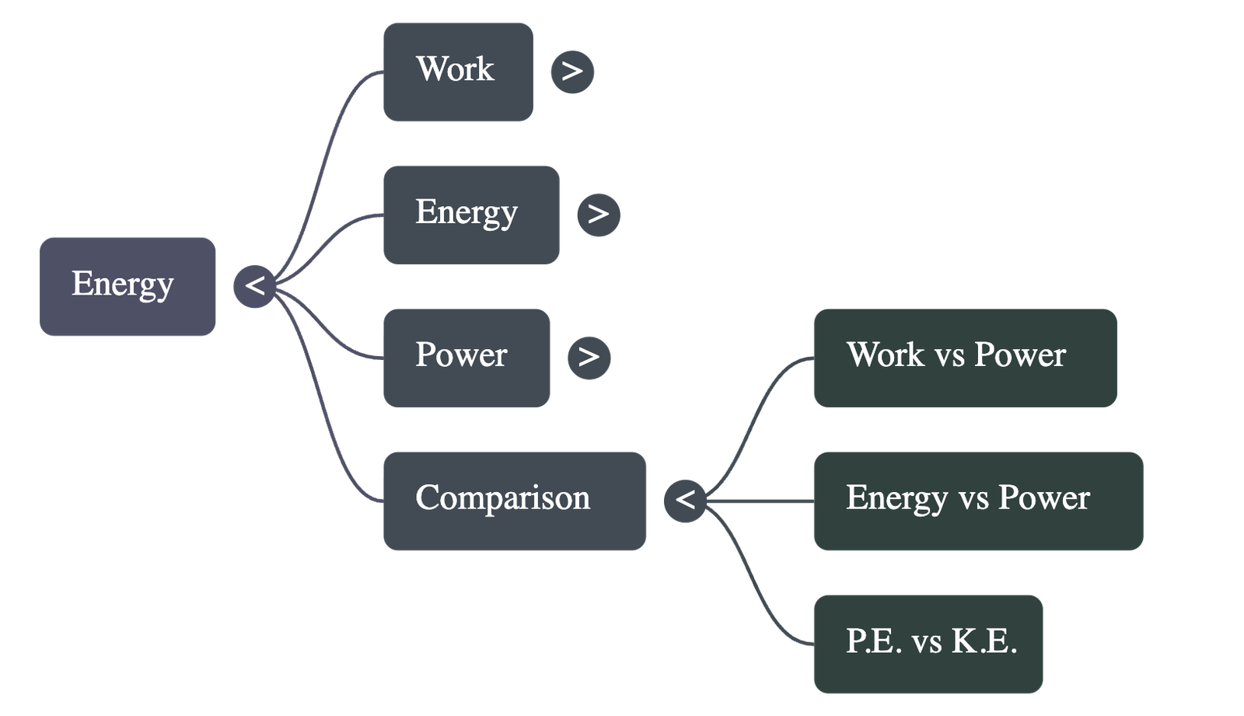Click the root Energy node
pyautogui.click(x=127, y=287)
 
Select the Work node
pyautogui.click(x=457, y=72)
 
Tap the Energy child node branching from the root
pyautogui.click(x=470, y=214)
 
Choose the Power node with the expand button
pyautogui.click(x=466, y=358)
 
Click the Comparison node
pyautogui.click(x=514, y=501)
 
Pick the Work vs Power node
pyautogui.click(x=965, y=358)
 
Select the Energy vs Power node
pyautogui.click(x=978, y=501)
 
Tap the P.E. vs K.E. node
pyautogui.click(x=928, y=644)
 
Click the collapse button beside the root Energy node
pyautogui.click(x=254, y=286)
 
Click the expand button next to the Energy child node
pyautogui.click(x=599, y=215)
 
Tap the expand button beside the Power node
pyautogui.click(x=589, y=358)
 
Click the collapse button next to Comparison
pyautogui.click(x=685, y=500)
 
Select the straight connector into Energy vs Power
pyautogui.click(x=762, y=503)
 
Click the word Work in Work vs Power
pyautogui.click(x=886, y=355)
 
